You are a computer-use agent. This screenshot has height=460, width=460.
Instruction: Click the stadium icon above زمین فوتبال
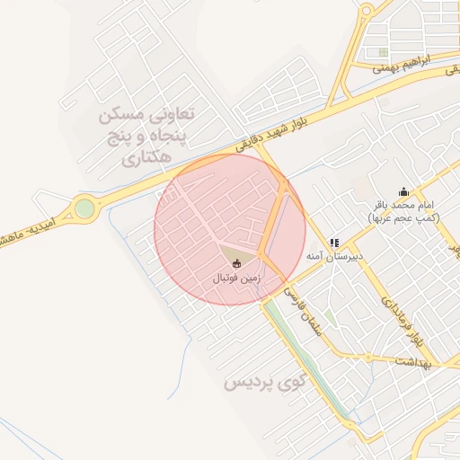[x=237, y=264]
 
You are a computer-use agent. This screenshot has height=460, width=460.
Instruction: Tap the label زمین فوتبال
[x=236, y=279]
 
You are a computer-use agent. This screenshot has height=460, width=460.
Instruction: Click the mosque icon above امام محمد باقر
[x=403, y=190]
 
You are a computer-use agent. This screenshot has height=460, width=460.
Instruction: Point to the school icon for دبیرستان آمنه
[x=334, y=243]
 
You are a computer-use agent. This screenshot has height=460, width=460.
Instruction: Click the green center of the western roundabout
[x=84, y=208]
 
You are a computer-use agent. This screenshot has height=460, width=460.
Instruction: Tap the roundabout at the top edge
[x=367, y=11]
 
